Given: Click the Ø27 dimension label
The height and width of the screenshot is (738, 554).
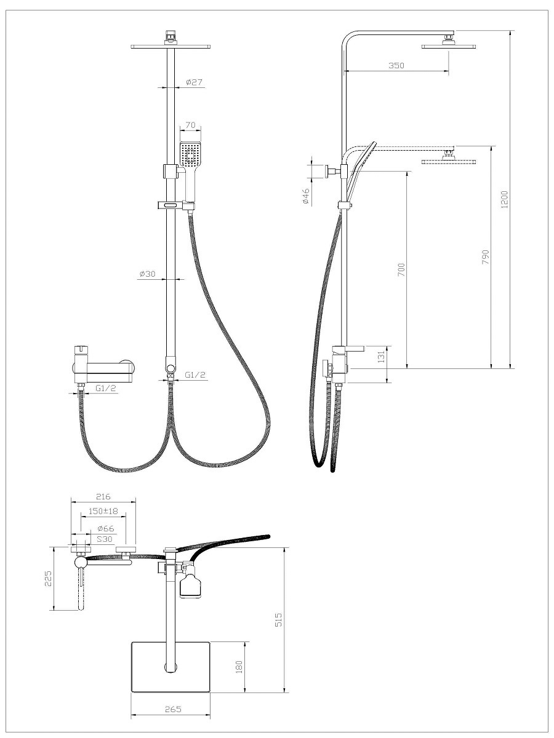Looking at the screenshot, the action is [194, 82].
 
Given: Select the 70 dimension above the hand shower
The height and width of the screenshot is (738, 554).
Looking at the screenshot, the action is [190, 125].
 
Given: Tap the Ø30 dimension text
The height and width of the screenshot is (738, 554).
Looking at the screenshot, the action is [148, 274].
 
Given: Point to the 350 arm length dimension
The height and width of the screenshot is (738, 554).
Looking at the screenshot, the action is [396, 65].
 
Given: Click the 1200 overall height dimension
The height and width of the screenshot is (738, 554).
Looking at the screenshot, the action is [505, 199].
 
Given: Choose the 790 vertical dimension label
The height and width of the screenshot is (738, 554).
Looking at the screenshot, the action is [486, 256].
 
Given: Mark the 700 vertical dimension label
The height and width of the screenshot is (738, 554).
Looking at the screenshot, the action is [401, 269].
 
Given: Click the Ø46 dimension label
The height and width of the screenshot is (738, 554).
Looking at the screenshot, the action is [305, 196].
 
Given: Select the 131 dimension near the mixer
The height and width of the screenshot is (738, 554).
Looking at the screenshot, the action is [381, 357].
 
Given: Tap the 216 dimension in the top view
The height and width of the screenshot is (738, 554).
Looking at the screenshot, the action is [103, 496].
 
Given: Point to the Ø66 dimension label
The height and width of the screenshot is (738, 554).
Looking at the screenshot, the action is [106, 528].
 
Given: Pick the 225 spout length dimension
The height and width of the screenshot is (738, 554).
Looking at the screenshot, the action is [49, 578].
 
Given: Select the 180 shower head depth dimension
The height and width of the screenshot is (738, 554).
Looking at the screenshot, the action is [239, 667].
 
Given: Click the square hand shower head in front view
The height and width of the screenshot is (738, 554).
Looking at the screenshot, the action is [190, 154].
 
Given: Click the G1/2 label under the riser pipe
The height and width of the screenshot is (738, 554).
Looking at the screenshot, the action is [195, 375].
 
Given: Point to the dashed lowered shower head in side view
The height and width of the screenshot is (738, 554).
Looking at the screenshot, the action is [449, 161].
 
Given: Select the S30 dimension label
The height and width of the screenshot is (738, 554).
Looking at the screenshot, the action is [104, 539].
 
